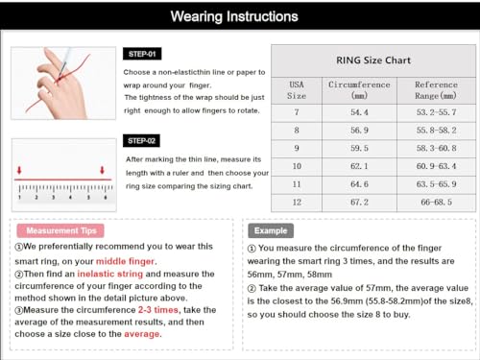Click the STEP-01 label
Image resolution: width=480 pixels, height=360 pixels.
[142, 54]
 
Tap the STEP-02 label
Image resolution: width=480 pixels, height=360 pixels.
[141, 141]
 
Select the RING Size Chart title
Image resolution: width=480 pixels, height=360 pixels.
[373, 60]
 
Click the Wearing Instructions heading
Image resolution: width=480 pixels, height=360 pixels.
[234, 16]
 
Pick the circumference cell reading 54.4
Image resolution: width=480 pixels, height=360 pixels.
[359, 112]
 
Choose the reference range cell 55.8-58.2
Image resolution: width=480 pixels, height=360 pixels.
[436, 131]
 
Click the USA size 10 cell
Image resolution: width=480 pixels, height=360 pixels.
[297, 166]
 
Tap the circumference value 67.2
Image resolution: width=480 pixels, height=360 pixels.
[359, 203]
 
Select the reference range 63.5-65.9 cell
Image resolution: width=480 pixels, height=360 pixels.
[436, 184]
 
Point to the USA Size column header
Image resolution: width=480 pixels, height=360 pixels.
[297, 90]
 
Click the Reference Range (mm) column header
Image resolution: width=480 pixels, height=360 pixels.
[436, 90]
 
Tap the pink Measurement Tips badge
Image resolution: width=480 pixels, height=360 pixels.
[60, 230]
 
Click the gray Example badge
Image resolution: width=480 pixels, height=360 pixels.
[271, 230]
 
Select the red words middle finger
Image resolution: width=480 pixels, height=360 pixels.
[126, 261]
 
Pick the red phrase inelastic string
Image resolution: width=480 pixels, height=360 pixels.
[110, 274]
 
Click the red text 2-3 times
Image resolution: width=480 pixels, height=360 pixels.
[158, 310]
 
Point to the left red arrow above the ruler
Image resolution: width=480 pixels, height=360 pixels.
[19, 170]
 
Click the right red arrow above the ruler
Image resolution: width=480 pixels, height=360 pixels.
[102, 170]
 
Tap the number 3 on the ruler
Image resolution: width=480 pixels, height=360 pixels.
[53, 198]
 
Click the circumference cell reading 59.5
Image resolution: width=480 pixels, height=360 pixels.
[359, 148]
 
